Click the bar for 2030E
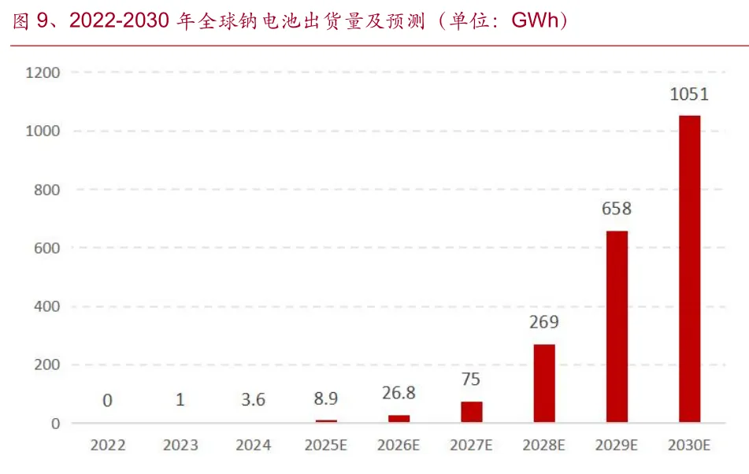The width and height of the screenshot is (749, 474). point(689,268)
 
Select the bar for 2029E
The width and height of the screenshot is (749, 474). point(617,327)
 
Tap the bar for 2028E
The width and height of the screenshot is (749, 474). point(544,383)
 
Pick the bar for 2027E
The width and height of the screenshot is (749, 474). point(472,412)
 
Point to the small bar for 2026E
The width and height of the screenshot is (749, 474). point(399,419)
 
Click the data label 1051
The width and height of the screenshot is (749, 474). point(689,94)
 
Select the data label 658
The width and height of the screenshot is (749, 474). point(616,209)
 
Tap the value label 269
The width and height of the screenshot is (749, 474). point(543,322)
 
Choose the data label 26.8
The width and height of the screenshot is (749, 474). point(399,393)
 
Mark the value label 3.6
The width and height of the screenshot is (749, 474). point(253,399)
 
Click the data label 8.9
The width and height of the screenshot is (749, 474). point(326,398)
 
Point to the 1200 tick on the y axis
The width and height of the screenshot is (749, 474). point(43,72)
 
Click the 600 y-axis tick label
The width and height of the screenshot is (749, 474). point(46,248)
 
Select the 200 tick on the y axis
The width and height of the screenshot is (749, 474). point(46,365)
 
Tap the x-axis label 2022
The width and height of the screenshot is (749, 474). point(108,446)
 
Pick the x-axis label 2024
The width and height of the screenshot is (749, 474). point(253,446)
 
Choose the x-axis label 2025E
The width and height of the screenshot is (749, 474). point(326,446)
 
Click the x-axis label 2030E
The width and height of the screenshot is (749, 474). point(689,446)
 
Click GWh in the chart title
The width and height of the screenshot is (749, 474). point(535,20)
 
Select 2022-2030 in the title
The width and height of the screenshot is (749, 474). point(119,20)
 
